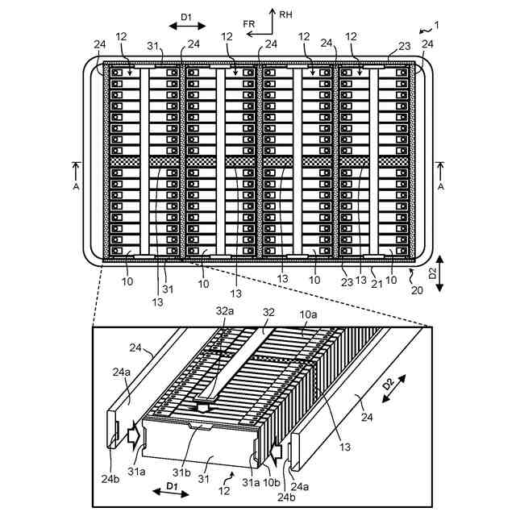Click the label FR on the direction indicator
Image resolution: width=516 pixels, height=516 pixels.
click(252, 24)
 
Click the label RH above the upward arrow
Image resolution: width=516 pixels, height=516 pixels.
click(286, 14)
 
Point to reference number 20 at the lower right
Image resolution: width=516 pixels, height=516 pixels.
click(418, 289)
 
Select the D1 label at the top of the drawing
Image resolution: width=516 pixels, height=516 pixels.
click(187, 15)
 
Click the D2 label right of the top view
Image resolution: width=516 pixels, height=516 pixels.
click(431, 272)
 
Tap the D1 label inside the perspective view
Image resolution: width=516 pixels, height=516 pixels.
click(171, 486)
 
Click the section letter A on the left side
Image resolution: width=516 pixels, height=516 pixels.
click(77, 185)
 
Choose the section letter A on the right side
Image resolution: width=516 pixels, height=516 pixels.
click(440, 185)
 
